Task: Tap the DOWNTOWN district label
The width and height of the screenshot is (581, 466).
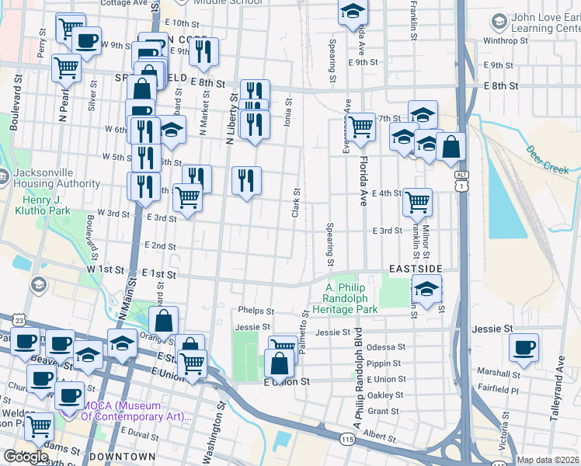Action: pos(122,457)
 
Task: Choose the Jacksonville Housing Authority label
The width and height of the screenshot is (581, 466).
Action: pos(54,178)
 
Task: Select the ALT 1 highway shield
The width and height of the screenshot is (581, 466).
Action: pos(461,181)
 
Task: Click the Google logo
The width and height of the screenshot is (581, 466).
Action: pos(25,457)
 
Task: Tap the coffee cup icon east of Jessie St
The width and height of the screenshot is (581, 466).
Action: pos(524,346)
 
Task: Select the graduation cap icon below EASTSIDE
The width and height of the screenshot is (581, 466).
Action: pos(426,290)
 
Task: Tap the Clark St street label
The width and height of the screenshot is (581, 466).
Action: pos(296,202)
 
